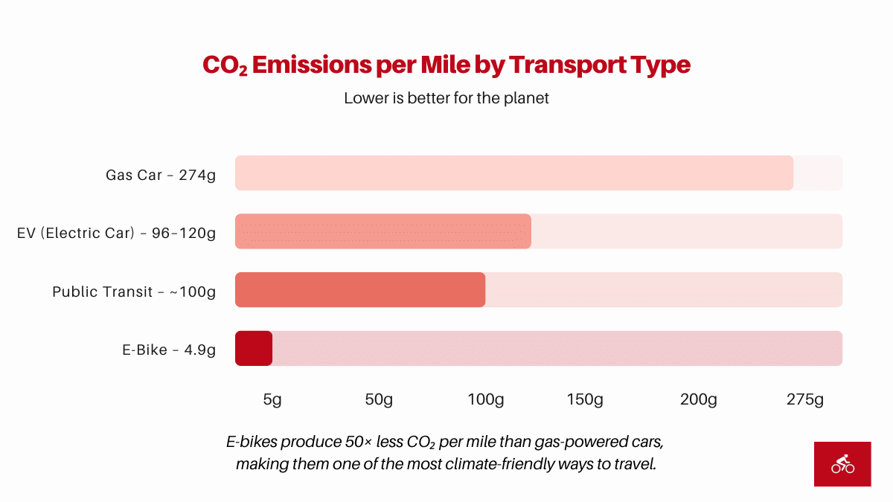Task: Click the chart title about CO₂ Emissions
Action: point(446,65)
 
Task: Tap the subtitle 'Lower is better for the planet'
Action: point(446,98)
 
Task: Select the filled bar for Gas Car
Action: point(513,173)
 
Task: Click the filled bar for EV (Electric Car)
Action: point(383,231)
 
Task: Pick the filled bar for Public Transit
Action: point(359,289)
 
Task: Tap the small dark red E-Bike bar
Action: point(254,348)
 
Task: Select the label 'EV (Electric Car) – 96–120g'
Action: point(116,234)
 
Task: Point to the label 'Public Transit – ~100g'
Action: point(134,292)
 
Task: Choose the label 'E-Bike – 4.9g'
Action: point(169,350)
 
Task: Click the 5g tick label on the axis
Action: point(272,400)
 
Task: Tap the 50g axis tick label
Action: point(378,400)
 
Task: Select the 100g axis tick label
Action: point(485,400)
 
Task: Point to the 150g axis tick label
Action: point(585,400)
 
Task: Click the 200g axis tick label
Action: point(698,400)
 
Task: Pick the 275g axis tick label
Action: point(805,400)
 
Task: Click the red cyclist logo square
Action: point(842,464)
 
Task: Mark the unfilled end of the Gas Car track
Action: point(818,173)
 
